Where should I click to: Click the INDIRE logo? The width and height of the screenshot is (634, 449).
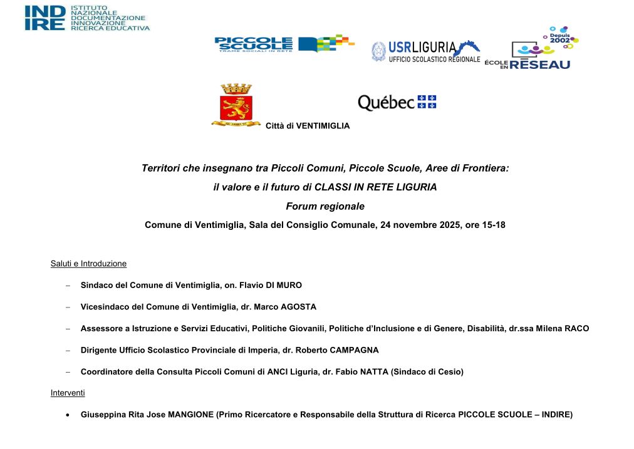(87, 18)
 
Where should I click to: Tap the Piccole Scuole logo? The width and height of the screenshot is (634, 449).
(284, 44)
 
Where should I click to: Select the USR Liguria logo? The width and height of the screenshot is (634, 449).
(425, 51)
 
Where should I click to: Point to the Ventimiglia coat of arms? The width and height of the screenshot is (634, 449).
(236, 105)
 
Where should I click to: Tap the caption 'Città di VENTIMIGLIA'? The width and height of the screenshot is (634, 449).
(308, 126)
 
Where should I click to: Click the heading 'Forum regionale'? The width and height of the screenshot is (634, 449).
(325, 206)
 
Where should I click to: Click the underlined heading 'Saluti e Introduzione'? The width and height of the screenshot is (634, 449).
(88, 264)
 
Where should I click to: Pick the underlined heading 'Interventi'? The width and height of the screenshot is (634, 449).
(68, 393)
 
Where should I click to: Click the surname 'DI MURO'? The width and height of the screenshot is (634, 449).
(283, 286)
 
